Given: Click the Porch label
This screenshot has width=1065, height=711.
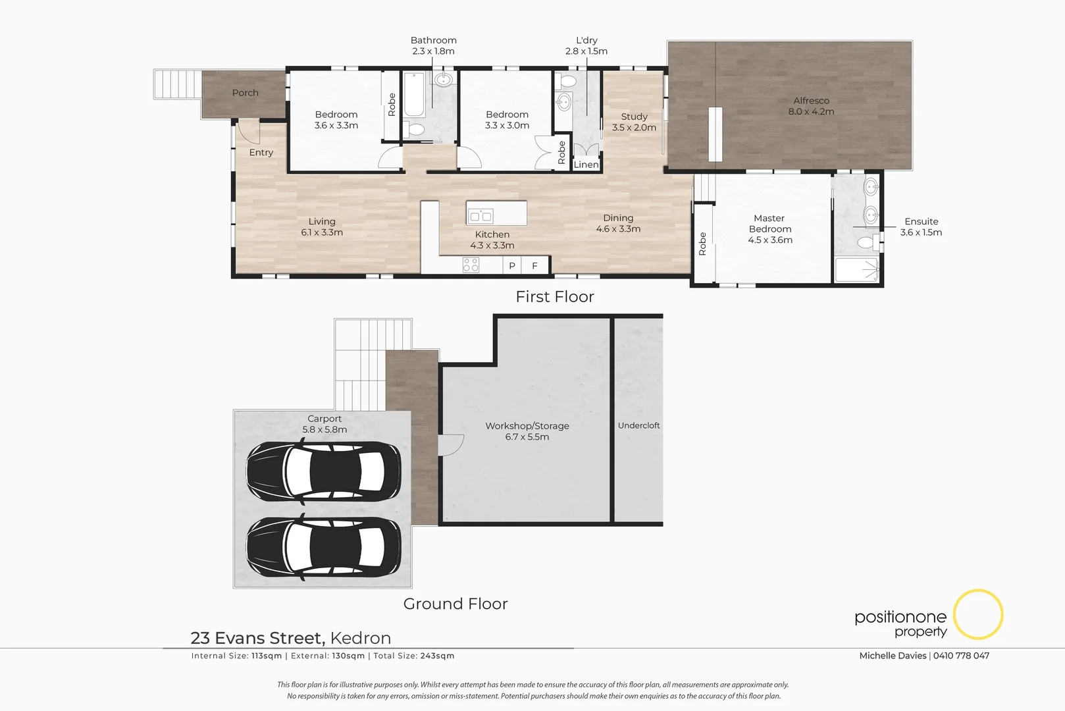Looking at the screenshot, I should point(245,93).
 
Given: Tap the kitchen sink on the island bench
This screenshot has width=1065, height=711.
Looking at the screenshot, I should point(481,215).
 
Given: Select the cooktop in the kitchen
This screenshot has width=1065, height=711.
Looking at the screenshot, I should point(471,265).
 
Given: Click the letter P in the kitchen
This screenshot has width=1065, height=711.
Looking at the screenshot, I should point(511,266).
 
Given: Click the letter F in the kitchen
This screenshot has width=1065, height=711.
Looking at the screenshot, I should point(534,266).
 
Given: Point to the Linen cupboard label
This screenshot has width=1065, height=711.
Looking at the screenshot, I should point(586,165).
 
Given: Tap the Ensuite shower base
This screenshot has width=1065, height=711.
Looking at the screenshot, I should point(856,270).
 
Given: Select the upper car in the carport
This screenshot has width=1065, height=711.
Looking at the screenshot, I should point(323,470).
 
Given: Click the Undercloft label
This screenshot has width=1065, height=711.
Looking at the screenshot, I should point(638,425).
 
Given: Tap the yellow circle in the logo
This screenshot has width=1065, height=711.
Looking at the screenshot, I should point(978,614).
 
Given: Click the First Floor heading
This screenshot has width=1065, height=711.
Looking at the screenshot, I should point(554,297).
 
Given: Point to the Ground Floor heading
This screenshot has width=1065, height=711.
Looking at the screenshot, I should point(455,604).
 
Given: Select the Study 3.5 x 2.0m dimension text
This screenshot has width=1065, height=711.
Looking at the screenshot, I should point(634,128).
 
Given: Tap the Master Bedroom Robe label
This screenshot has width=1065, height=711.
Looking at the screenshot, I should point(702,244).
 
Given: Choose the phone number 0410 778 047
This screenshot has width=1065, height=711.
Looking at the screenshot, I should point(961,656).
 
